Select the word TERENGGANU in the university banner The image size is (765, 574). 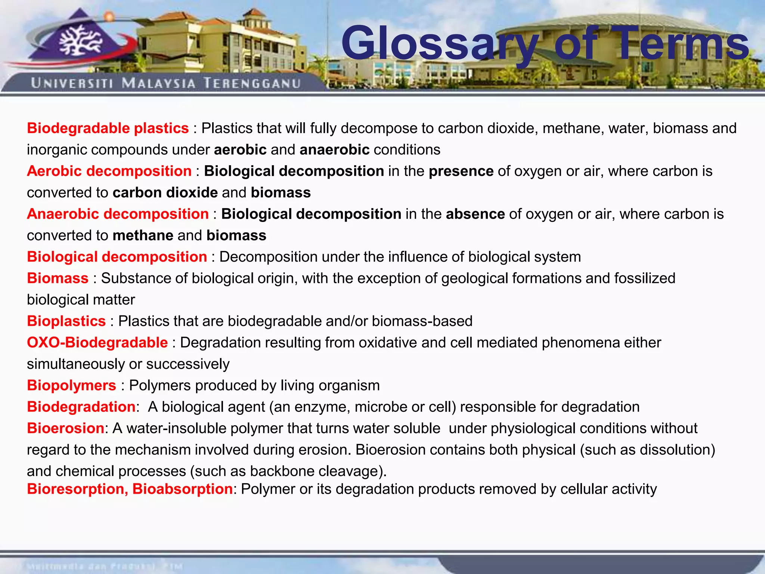coord(252,83)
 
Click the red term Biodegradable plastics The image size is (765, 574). coord(108,128)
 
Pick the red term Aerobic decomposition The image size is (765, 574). coord(109,171)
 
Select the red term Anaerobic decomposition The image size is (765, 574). coord(118,214)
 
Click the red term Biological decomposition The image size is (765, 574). coord(117,257)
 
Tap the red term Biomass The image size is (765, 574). coord(58,278)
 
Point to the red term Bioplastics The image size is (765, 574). coord(66,321)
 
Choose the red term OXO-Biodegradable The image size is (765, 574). coord(97,343)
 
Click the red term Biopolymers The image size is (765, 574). coord(71,386)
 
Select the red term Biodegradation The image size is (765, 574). coord(81,407)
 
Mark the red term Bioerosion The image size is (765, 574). coord(65,428)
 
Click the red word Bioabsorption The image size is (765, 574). coord(183,489)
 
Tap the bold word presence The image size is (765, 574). coord(461,171)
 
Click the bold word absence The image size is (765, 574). coord(475,214)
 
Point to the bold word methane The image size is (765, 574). coord(143,235)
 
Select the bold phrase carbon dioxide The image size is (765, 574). coord(165,192)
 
